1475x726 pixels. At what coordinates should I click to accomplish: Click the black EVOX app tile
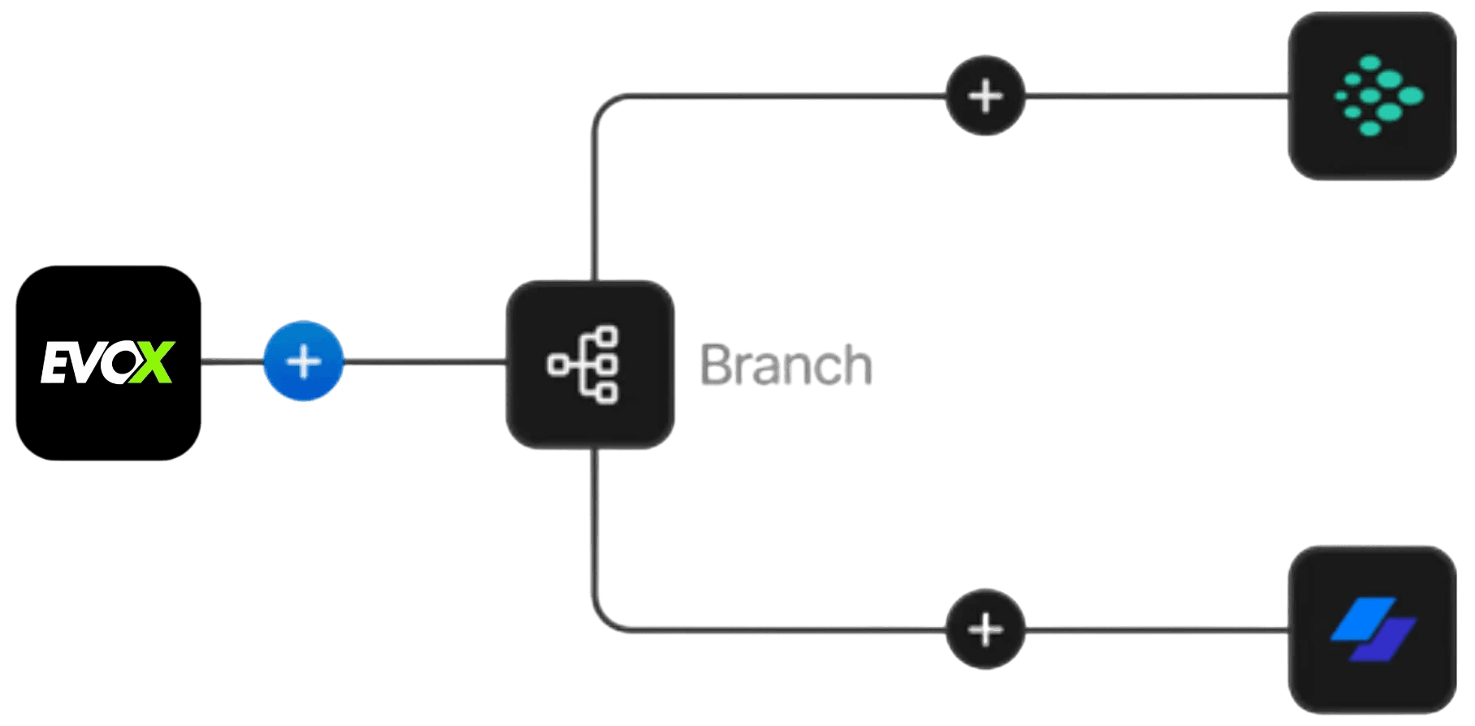click(x=108, y=362)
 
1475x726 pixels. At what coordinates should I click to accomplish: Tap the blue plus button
click(x=304, y=361)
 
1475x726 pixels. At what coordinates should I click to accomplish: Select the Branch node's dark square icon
click(x=590, y=364)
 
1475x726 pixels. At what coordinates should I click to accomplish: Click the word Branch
click(x=786, y=365)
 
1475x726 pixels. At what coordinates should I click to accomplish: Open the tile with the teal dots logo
click(x=1372, y=96)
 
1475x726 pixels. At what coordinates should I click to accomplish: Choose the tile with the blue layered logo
click(x=1372, y=629)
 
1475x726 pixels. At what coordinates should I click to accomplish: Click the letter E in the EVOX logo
click(x=56, y=362)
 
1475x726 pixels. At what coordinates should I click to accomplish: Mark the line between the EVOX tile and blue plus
click(x=233, y=361)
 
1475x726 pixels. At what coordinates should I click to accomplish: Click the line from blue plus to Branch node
click(x=425, y=361)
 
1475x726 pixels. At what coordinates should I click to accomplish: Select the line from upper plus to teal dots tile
click(x=1157, y=96)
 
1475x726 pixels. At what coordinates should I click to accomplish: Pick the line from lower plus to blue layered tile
click(x=1157, y=629)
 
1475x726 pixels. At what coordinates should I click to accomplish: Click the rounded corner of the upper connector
click(x=604, y=106)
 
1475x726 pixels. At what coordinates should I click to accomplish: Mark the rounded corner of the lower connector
click(x=604, y=620)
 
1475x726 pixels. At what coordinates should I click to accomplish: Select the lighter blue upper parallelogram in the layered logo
click(x=1364, y=619)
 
